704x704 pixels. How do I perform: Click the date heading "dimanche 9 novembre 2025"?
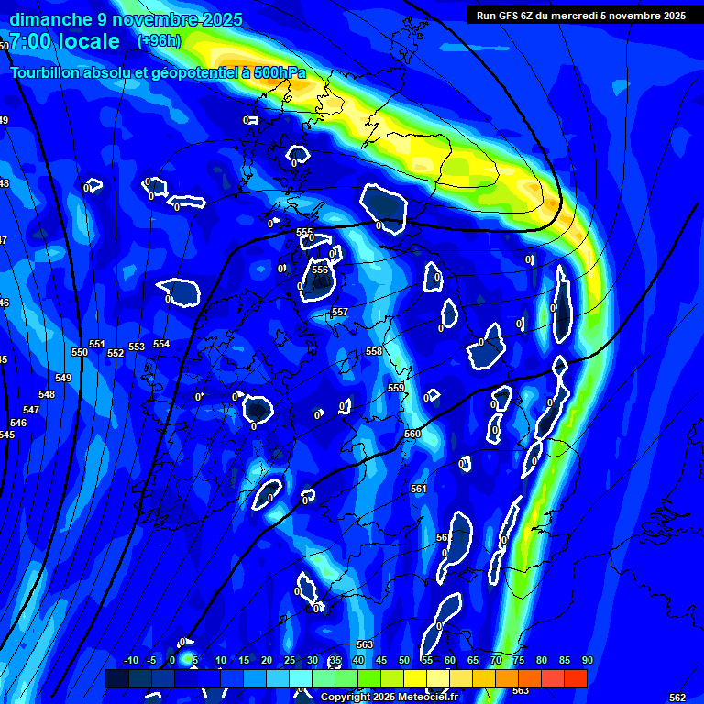126,19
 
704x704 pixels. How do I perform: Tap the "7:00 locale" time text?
64,41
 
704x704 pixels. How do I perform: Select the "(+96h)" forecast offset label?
159,41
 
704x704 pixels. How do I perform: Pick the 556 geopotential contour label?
319,269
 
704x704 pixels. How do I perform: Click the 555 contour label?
304,233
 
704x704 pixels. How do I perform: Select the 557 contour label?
339,313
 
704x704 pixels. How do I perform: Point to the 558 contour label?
374,351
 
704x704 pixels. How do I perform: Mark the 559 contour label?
396,389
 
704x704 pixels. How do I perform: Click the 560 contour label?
412,434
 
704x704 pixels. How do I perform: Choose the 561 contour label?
419,489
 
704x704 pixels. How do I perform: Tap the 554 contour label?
161,344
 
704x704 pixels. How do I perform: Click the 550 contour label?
80,352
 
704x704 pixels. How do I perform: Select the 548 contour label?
47,394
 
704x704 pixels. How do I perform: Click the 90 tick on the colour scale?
587,661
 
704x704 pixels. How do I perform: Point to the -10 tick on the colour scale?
130,661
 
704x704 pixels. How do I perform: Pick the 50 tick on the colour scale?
404,661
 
